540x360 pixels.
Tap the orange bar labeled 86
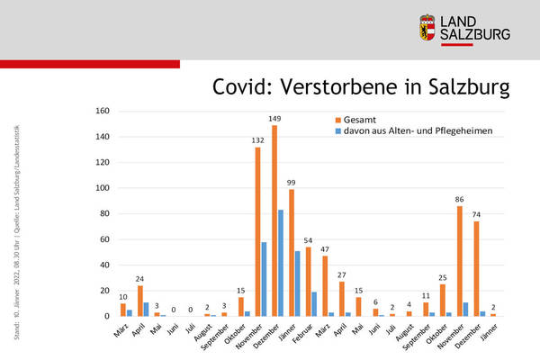(460, 261)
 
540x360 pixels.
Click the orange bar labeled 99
(291, 253)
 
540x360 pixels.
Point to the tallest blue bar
(281, 263)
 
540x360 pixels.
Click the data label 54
(308, 239)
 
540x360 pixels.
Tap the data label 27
(342, 274)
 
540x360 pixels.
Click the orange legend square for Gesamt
(338, 120)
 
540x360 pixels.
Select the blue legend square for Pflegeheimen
(338, 131)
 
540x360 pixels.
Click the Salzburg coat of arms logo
(429, 28)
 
